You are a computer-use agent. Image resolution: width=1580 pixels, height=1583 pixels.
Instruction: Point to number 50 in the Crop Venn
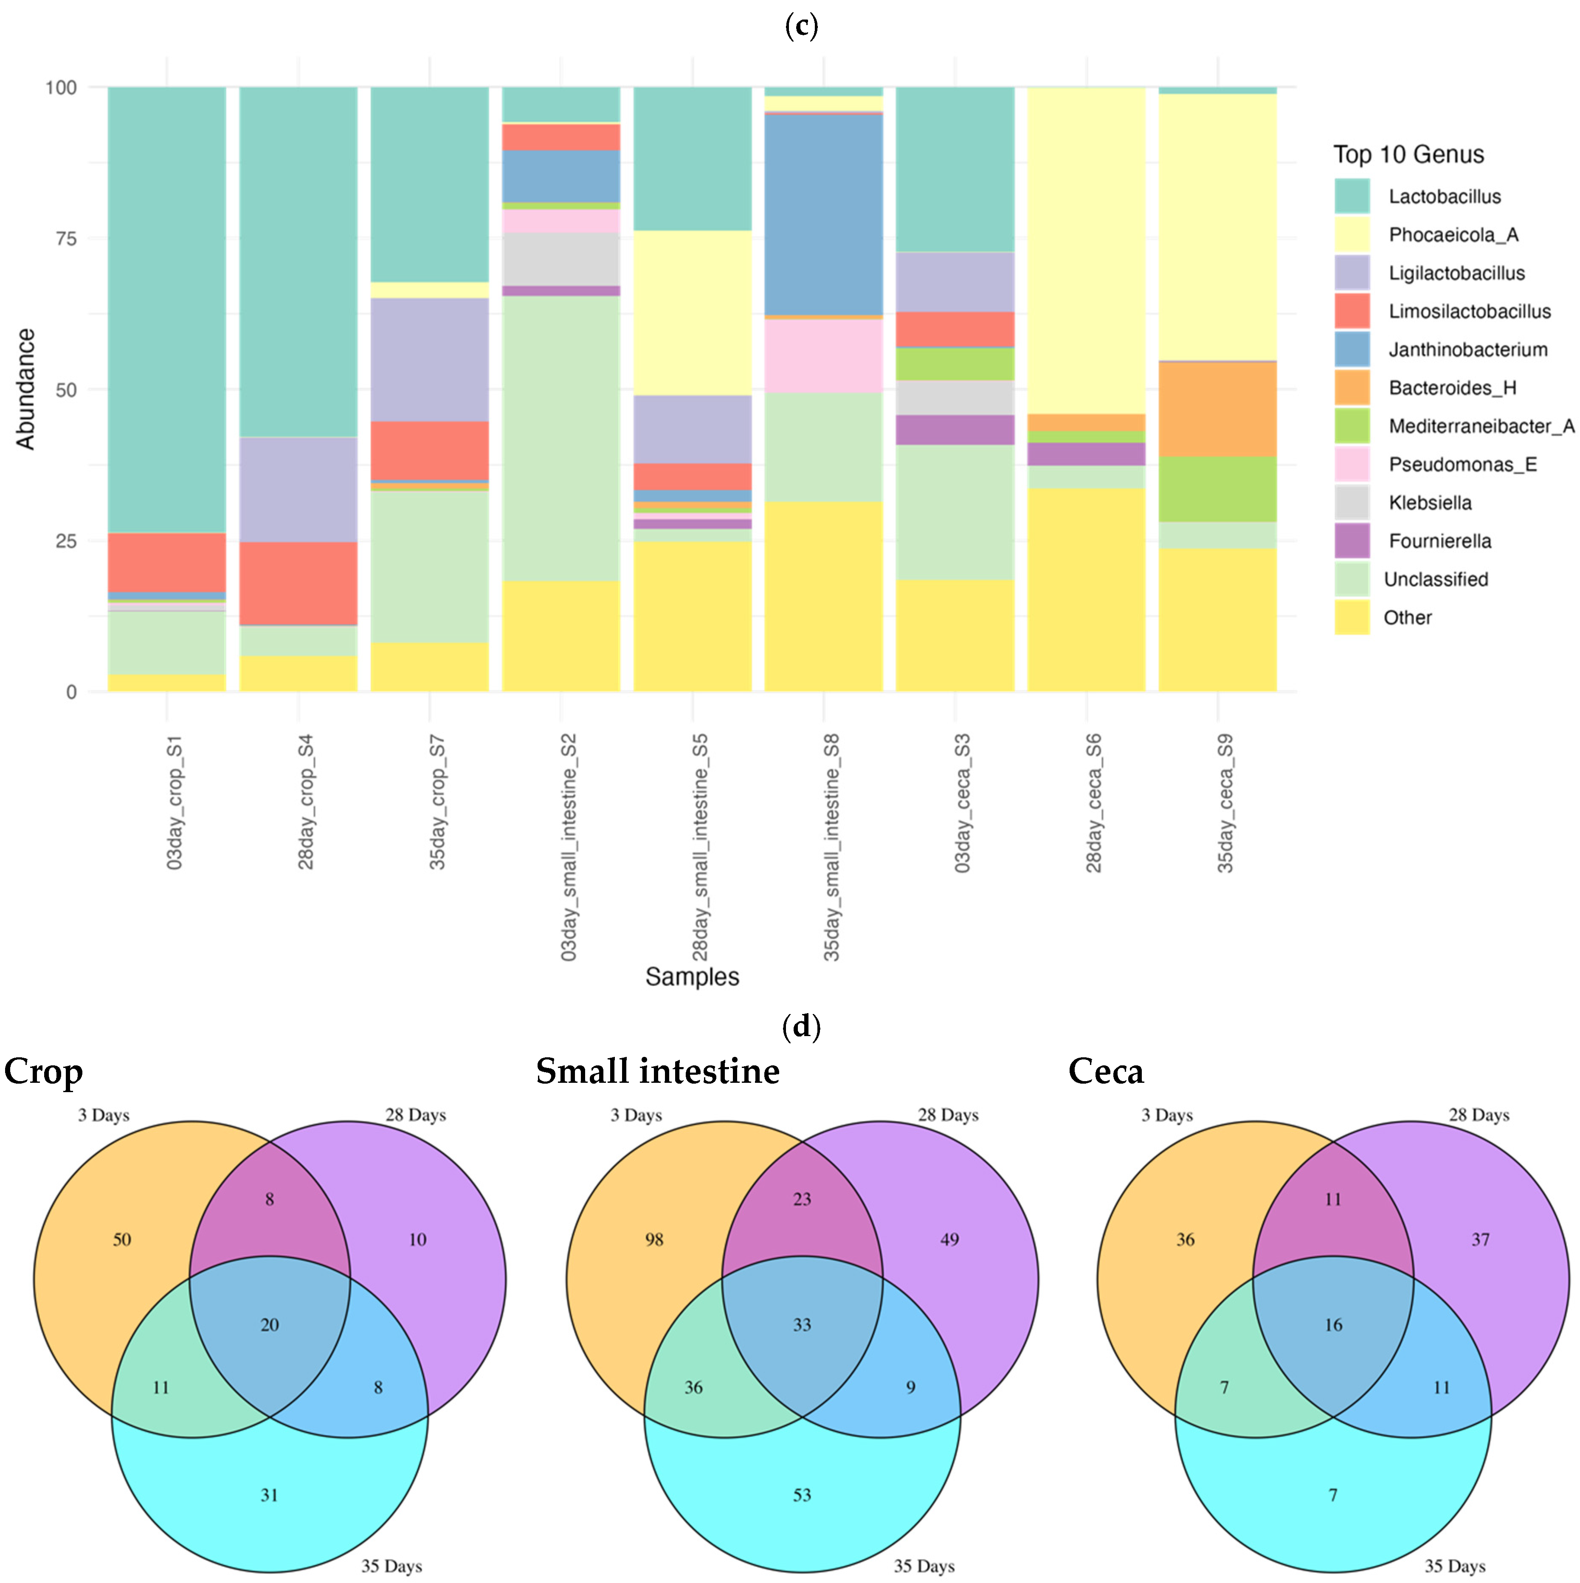point(122,1239)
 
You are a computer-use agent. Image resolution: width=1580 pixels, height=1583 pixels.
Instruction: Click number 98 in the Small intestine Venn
point(654,1239)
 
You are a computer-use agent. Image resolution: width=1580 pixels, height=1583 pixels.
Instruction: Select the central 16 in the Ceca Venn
point(1333,1325)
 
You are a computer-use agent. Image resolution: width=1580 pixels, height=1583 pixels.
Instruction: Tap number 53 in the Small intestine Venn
point(802,1496)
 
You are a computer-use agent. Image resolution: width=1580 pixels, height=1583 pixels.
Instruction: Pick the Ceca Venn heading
point(1106,1072)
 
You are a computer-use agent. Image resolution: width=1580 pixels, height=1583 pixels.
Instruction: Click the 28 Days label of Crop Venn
point(415,1115)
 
